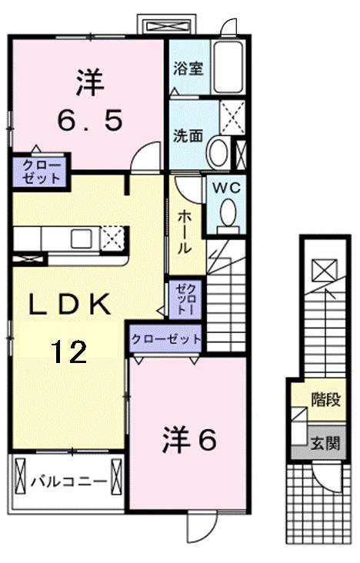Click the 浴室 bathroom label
coord(188,67)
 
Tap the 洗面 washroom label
coord(188,136)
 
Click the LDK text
coord(70,305)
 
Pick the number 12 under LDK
coord(69,351)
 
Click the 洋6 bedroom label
coord(189,439)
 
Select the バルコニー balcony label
coord(68,481)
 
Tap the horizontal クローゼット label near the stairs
coord(165,338)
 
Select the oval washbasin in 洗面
coord(218,152)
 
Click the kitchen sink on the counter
coord(81,238)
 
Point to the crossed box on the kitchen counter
coord(112,237)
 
